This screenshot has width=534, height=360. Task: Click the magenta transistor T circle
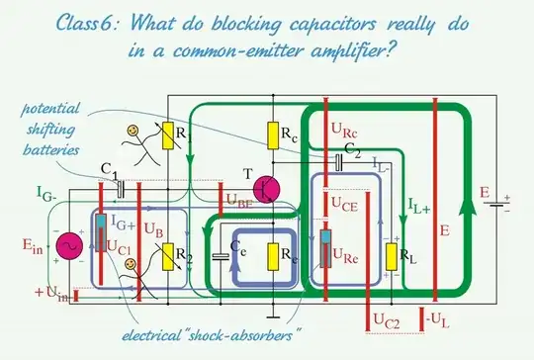point(267,189)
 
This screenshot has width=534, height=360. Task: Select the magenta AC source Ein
point(68,246)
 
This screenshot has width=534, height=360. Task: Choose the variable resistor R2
point(168,258)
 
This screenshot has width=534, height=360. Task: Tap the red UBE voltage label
point(238,202)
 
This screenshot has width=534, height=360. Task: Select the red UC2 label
point(385,319)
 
